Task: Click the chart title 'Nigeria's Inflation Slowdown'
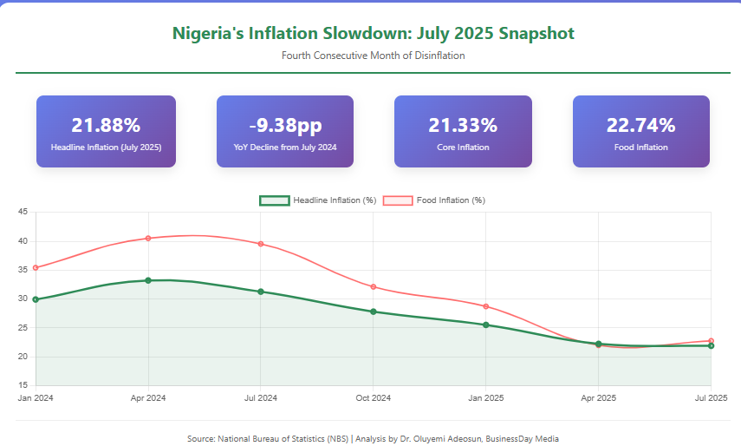point(373,34)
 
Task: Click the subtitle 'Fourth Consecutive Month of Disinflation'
point(373,56)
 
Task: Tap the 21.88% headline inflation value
point(106,125)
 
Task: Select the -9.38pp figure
point(284,125)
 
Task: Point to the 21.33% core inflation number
point(463,125)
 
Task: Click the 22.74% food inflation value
point(640,125)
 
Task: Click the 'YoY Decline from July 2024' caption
point(284,148)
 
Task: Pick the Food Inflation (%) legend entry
point(450,200)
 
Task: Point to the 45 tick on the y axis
point(23,213)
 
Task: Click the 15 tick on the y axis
point(23,385)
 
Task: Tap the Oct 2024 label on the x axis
point(373,398)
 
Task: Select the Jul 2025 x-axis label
point(712,398)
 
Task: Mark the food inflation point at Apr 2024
point(148,238)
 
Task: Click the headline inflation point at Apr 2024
point(148,280)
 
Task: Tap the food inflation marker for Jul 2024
point(261,244)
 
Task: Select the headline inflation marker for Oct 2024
point(374,312)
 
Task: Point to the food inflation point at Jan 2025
point(486,306)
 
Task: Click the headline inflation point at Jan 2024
point(36,299)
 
